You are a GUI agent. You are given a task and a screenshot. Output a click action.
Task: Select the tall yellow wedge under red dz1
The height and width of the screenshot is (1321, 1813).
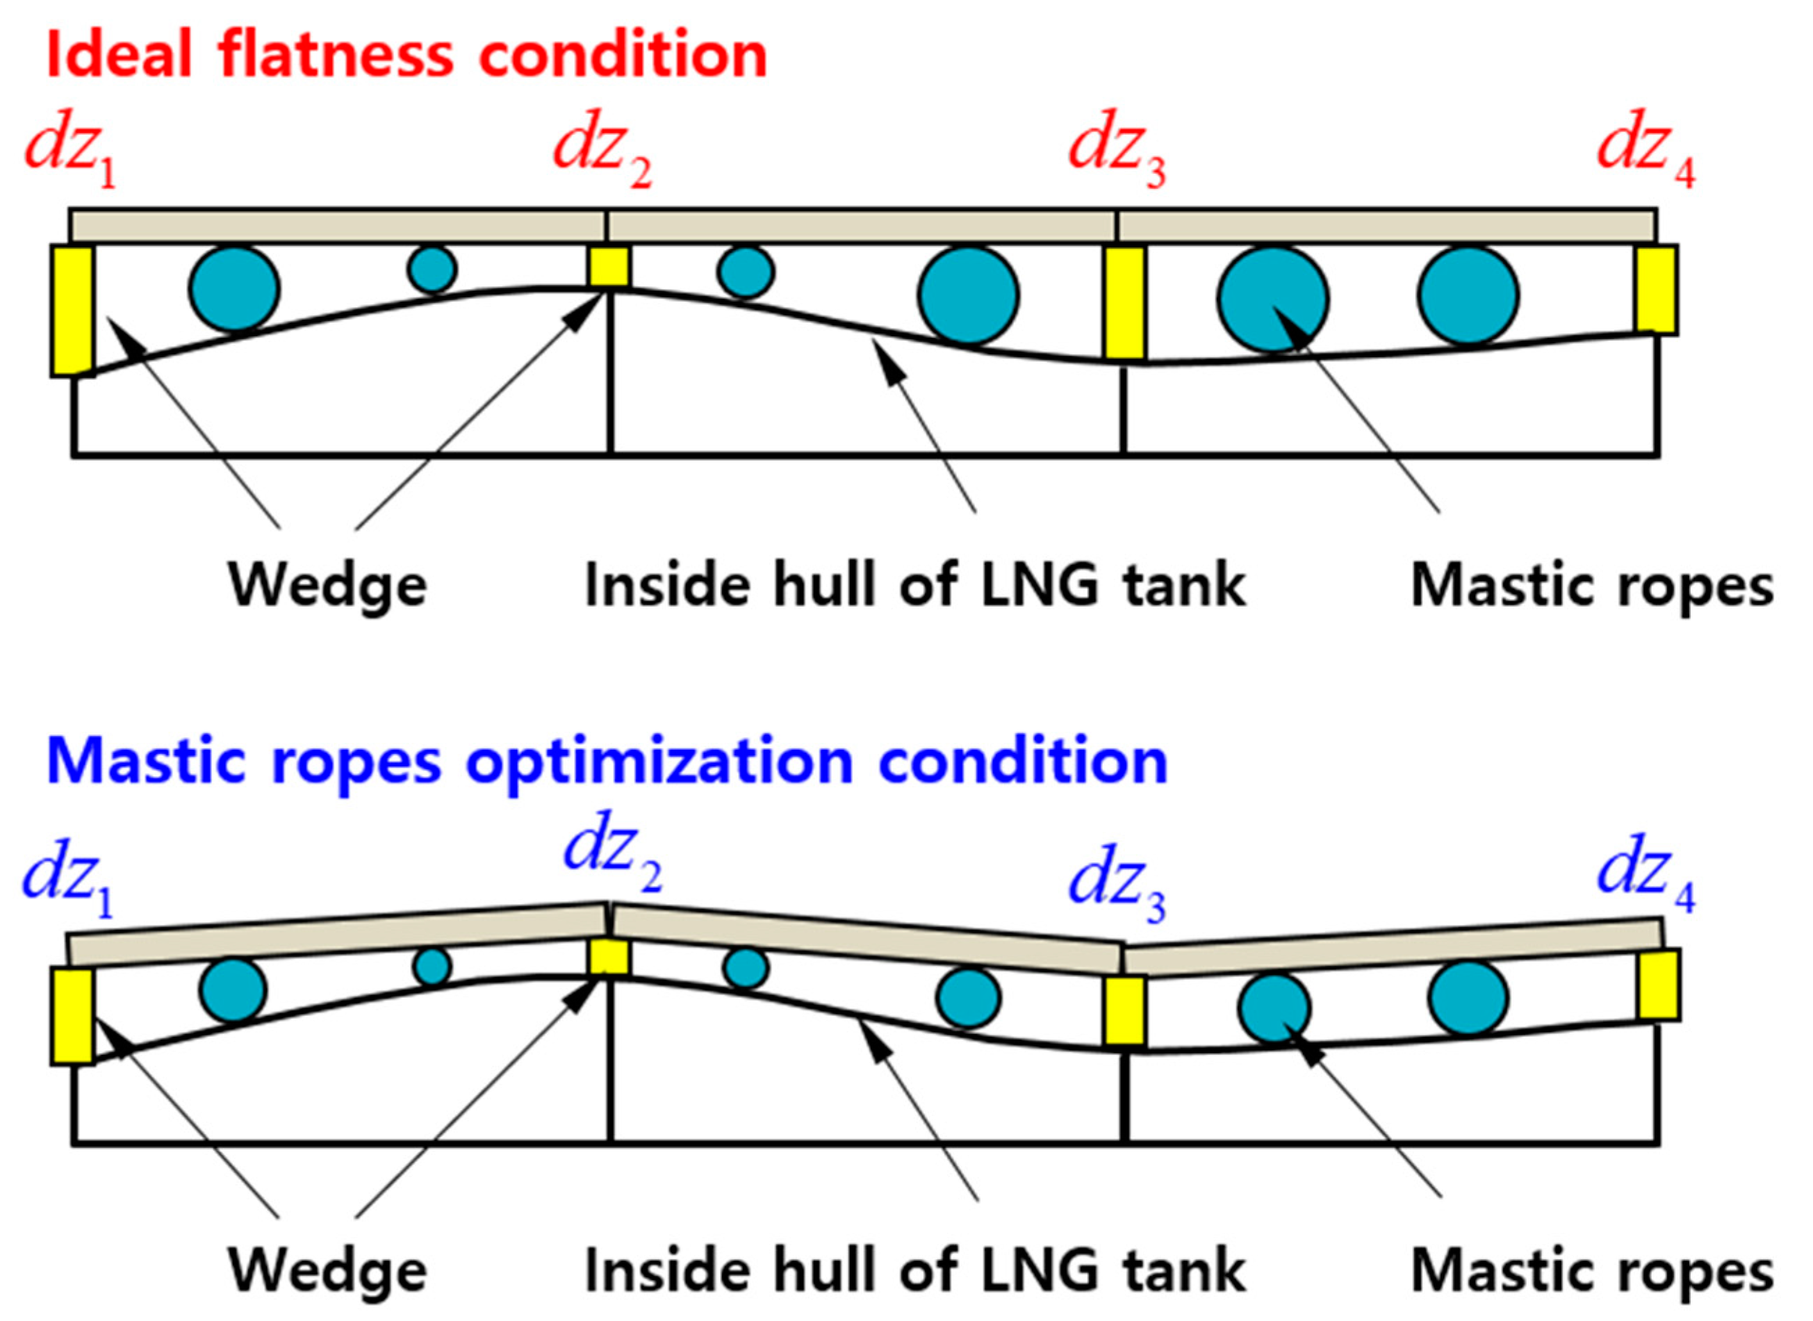click(x=73, y=310)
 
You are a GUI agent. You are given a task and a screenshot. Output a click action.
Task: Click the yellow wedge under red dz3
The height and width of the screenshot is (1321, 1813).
click(x=1124, y=304)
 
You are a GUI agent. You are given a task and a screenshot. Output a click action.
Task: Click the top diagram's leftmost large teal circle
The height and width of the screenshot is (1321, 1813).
click(x=234, y=288)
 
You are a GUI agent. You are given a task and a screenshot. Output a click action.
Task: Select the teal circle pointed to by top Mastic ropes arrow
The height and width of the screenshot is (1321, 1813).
click(x=1272, y=299)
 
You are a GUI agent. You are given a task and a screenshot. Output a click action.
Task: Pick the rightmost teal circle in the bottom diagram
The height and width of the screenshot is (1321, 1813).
click(x=1468, y=998)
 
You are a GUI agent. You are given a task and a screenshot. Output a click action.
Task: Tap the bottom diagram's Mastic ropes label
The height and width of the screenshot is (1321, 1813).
click(x=1591, y=1271)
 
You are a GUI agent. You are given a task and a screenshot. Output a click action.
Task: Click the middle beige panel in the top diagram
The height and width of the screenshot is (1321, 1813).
click(x=860, y=226)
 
